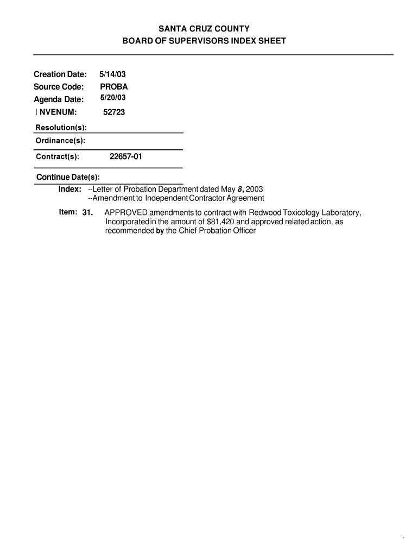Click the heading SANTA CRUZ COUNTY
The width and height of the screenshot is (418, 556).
(x=208, y=28)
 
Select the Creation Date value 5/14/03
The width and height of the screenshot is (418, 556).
(x=112, y=74)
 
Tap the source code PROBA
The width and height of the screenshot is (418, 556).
(x=114, y=87)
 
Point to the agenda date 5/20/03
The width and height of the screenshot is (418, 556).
(x=113, y=98)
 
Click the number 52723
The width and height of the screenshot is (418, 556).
(x=114, y=112)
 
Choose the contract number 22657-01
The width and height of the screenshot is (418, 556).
(x=126, y=156)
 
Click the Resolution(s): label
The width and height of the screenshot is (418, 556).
(x=61, y=128)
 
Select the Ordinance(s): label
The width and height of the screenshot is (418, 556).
(x=60, y=141)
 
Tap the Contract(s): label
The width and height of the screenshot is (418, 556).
(x=58, y=157)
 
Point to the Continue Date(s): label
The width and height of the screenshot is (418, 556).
(x=68, y=177)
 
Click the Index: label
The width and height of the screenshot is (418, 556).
(x=70, y=188)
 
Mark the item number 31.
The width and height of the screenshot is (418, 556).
(x=88, y=212)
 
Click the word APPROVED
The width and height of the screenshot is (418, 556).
(x=126, y=212)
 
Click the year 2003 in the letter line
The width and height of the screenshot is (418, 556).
(x=254, y=189)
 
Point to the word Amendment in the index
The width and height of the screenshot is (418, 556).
(x=117, y=198)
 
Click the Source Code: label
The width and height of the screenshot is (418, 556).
(x=59, y=87)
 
